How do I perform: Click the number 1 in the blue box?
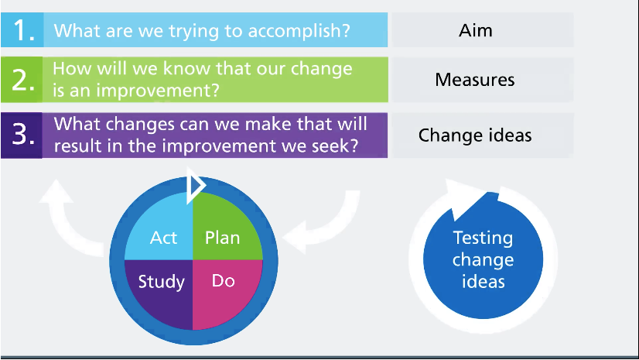point(22,30)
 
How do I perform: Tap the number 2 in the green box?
point(23,80)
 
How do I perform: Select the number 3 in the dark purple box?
point(23,135)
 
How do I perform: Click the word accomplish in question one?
point(299,31)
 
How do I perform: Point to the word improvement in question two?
point(158,90)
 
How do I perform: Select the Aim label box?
point(483,30)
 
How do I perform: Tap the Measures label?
point(475,80)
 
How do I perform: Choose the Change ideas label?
point(475,135)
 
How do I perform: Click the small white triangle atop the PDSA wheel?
point(195,186)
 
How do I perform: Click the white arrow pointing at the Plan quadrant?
point(326,225)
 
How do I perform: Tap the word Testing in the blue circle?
point(483,238)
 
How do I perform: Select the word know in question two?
point(186,68)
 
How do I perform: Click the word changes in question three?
point(140,125)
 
